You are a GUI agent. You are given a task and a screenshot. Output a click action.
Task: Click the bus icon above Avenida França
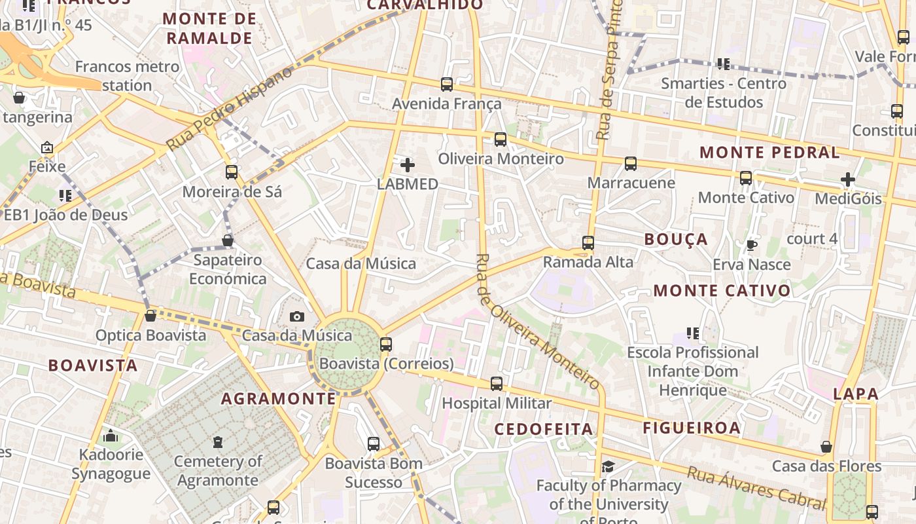tap(447, 84)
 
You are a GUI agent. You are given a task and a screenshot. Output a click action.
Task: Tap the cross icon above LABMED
tap(408, 165)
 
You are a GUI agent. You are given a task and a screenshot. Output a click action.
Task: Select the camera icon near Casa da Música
tap(297, 317)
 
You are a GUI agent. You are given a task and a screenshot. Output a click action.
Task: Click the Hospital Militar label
tap(497, 403)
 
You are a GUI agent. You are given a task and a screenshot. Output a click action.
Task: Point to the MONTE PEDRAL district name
tap(769, 153)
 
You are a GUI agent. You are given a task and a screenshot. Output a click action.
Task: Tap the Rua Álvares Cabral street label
tap(756, 488)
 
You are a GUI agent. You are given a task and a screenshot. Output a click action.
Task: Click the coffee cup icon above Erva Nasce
tap(752, 246)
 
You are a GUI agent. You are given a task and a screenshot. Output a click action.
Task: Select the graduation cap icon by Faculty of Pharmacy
tap(608, 467)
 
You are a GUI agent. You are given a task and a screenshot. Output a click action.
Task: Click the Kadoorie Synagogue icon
tap(111, 436)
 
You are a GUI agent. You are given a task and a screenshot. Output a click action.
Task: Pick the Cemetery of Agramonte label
tap(218, 471)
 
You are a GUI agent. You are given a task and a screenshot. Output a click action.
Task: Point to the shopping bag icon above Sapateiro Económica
tap(227, 240)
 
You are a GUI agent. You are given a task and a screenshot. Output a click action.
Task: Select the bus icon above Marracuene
tap(631, 164)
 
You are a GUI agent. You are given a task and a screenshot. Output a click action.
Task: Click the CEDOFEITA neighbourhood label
tap(544, 429)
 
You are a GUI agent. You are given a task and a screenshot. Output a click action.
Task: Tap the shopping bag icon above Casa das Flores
tap(826, 447)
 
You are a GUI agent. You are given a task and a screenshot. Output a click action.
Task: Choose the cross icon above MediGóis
tap(848, 179)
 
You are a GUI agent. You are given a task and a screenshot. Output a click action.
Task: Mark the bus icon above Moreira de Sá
tap(232, 172)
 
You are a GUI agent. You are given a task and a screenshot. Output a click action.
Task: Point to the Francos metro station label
tap(127, 76)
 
